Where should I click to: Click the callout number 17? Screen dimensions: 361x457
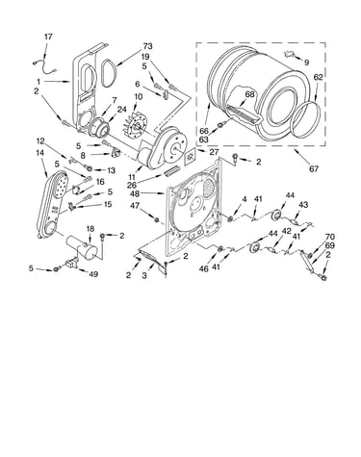coord(48,37)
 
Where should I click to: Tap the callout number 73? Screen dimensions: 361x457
coord(148,46)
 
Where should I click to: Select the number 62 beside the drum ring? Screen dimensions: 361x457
coord(318,77)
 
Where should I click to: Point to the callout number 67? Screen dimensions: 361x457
coord(314,168)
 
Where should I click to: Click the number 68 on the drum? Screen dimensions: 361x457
coord(249,94)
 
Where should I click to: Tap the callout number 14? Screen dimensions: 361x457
coord(39,153)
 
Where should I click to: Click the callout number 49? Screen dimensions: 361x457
coord(93,274)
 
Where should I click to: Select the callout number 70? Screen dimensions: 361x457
coord(330,237)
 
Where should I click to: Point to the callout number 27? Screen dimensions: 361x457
coord(214,152)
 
